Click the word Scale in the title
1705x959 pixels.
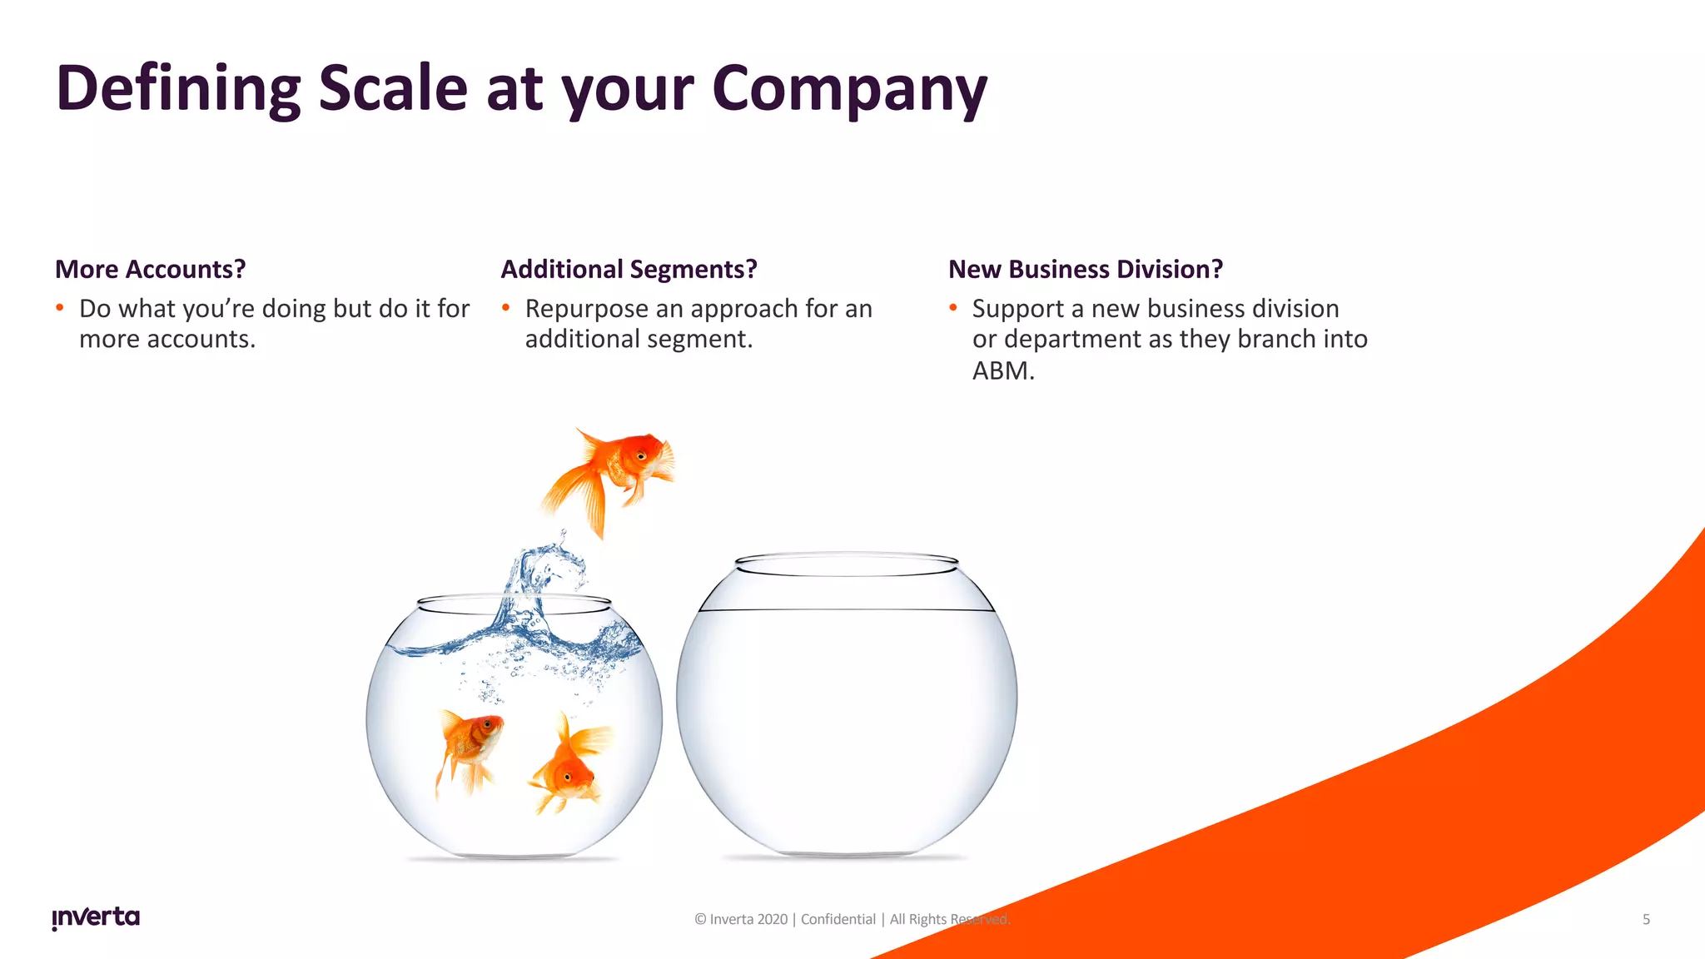393,88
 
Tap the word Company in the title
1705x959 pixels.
849,88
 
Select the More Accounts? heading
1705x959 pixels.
151,270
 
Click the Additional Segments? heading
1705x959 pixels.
629,270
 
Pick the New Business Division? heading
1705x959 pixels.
1086,270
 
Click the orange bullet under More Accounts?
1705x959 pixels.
60,308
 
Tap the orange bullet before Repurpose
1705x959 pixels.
505,308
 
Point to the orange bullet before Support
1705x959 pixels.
953,308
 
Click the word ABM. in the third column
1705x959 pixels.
1003,370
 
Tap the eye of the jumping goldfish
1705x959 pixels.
641,456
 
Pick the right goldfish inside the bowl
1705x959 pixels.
570,766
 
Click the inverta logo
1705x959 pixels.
96,917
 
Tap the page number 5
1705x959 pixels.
1646,919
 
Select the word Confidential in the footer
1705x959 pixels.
838,919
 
